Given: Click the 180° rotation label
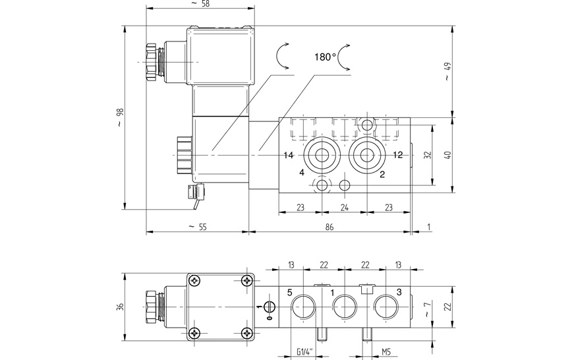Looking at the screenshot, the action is tap(325, 57).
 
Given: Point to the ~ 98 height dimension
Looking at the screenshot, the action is tap(121, 117).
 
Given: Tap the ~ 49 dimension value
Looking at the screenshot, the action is tap(448, 72).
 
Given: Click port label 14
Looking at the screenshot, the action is tap(289, 155).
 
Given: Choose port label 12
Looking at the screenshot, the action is tap(398, 155).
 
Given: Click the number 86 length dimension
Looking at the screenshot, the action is tap(329, 227).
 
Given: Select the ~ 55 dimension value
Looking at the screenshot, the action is tap(197, 227).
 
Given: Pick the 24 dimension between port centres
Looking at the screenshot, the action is tap(345, 208).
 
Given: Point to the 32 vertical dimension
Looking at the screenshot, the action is tap(428, 155).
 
